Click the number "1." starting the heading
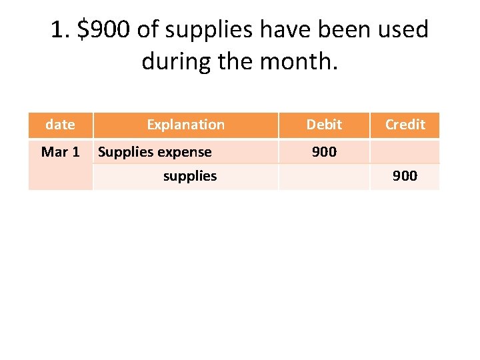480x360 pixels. coord(61,30)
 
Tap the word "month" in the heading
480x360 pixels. coord(301,63)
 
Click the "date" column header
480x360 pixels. coord(60,125)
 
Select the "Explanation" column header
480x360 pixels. coord(185,125)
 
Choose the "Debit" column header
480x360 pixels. coord(324,125)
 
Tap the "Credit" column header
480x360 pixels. coord(405,125)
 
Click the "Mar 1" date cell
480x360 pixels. coord(60,152)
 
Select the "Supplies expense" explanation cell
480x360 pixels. coord(155,152)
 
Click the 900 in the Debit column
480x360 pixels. coord(324,152)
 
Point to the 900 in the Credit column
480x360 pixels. coord(405,176)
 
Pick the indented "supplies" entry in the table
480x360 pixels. coord(190,176)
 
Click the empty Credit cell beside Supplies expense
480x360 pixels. coord(405,152)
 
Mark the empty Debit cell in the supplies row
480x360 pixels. coord(324,176)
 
